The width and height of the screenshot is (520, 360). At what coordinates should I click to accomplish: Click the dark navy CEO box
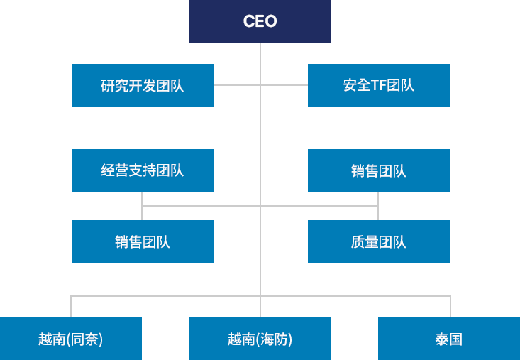[x=260, y=21]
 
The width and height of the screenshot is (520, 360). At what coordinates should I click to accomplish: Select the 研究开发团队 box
[x=142, y=85]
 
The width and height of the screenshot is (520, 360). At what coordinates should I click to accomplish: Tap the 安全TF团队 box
[x=378, y=85]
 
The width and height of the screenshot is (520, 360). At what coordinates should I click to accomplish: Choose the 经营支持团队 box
[x=142, y=170]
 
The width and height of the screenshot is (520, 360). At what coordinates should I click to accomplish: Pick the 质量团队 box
[x=378, y=241]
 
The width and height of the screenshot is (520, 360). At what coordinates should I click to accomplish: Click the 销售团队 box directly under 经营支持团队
[x=142, y=241]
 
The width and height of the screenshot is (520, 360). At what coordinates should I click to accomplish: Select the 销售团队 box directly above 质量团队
[x=378, y=170]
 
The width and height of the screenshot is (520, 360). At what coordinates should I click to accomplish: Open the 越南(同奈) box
[x=71, y=339]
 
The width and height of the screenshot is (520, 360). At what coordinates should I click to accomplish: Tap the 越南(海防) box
[x=260, y=339]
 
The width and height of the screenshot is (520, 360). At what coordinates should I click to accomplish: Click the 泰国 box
[x=448, y=339]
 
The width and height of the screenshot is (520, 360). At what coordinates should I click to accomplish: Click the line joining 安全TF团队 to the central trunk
[x=284, y=85]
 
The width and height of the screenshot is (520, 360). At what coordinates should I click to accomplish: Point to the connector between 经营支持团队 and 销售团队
[x=143, y=206]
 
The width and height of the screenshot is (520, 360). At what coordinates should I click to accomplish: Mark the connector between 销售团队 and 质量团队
[x=378, y=206]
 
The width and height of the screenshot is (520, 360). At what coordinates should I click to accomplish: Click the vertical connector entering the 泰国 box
[x=450, y=307]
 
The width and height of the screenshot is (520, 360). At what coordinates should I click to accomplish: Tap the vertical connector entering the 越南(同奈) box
[x=71, y=307]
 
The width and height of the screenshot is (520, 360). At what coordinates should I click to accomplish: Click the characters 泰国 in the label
[x=448, y=339]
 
